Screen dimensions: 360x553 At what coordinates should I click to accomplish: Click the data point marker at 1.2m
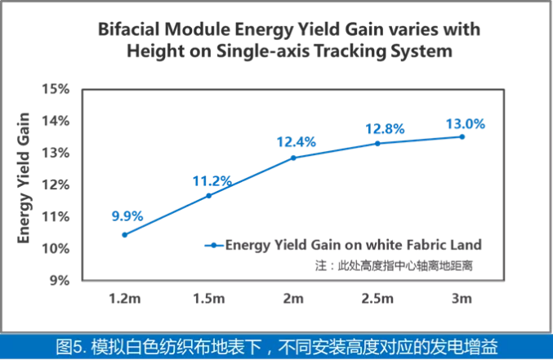(x=124, y=234)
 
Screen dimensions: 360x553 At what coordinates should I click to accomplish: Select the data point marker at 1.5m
(x=208, y=196)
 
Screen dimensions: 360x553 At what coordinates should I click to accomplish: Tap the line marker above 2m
(x=293, y=158)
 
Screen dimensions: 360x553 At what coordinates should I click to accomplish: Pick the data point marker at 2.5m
(x=377, y=144)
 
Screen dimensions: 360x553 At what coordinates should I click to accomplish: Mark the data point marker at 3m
(x=462, y=136)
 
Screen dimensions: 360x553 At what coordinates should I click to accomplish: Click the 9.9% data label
(x=127, y=216)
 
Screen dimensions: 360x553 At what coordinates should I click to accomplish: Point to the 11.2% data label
(x=212, y=180)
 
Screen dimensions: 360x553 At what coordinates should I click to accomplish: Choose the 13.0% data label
(x=466, y=124)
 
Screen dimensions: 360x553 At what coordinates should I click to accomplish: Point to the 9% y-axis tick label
(x=63, y=280)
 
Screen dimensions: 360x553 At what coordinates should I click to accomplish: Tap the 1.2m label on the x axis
(x=124, y=299)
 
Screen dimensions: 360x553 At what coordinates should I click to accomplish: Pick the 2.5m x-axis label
(x=377, y=299)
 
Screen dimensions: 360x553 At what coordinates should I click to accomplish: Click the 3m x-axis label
(x=462, y=299)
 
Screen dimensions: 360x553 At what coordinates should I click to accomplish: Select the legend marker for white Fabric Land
(x=213, y=245)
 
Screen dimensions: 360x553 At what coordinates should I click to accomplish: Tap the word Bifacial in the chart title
(x=128, y=30)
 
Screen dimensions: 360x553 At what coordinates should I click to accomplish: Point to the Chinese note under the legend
(x=395, y=265)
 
